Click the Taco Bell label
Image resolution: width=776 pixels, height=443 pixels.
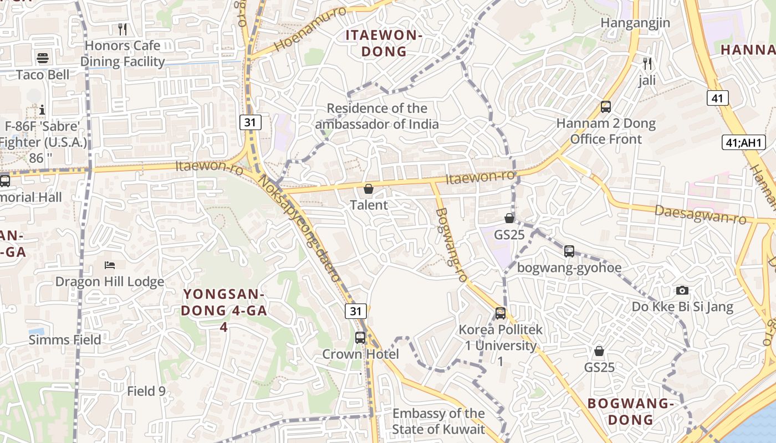(43, 75)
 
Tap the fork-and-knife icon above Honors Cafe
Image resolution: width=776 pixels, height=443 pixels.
(122, 29)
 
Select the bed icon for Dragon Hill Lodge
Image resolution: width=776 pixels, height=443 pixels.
(109, 265)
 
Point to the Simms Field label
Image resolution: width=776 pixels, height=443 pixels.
(65, 339)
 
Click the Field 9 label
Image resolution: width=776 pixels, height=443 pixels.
(146, 391)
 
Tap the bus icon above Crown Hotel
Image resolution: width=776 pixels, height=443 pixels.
(360, 337)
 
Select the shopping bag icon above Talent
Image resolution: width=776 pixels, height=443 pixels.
(369, 189)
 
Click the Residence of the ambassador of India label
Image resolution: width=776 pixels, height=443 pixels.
(377, 116)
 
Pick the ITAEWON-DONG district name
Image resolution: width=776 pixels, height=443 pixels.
(384, 43)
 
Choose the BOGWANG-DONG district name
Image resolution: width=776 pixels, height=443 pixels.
(631, 411)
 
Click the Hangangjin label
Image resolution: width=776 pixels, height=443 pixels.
(635, 23)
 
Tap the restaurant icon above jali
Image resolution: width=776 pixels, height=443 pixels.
(646, 63)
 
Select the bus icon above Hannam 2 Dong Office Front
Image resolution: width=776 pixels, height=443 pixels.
(606, 106)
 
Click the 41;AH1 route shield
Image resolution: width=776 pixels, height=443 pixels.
(744, 142)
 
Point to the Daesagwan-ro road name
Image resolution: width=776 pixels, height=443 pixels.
(701, 214)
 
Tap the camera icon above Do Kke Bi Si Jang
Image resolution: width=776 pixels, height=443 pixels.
(682, 290)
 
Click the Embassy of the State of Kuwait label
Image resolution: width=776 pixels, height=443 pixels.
(438, 421)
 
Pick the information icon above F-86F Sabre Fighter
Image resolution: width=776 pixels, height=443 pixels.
(42, 110)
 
